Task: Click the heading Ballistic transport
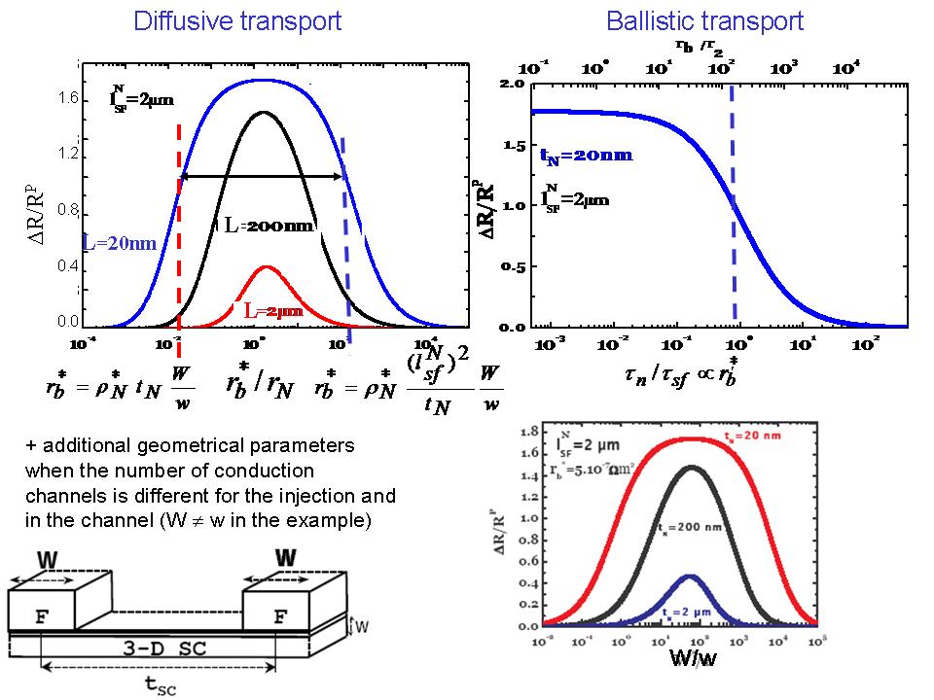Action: [704, 20]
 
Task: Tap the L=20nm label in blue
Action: [119, 243]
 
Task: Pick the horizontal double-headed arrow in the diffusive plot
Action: [262, 176]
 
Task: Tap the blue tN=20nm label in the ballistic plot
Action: [586, 155]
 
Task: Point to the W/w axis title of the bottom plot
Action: [694, 658]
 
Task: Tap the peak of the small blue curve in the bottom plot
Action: [690, 577]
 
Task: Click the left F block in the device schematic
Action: [42, 614]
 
